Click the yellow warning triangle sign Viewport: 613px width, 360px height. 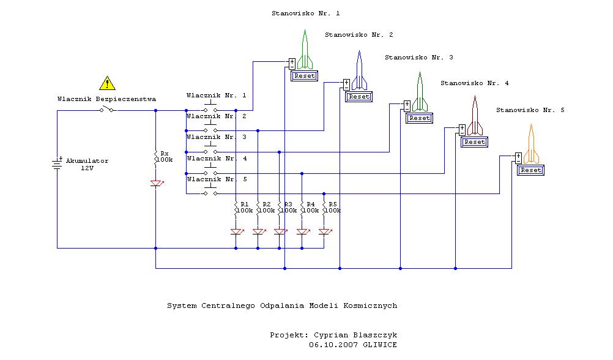coord(107,83)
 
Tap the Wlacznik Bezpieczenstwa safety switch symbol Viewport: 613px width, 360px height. coord(108,110)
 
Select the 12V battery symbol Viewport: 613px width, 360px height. coord(58,164)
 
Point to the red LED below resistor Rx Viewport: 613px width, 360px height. coord(156,183)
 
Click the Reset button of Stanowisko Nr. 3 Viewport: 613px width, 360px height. coord(420,118)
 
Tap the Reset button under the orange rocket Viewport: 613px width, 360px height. coord(530,170)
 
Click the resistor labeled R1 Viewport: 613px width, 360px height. coord(236,207)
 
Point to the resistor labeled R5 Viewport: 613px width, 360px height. coord(324,207)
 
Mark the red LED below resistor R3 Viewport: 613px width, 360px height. coord(280,232)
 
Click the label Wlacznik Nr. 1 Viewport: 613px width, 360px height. coord(216,95)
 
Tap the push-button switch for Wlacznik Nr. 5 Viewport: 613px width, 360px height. coord(210,192)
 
